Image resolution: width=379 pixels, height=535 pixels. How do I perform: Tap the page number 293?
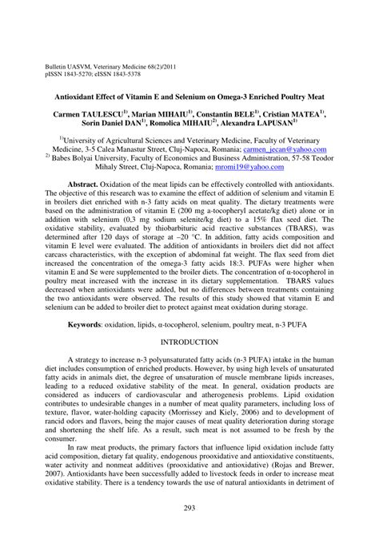coord(189,509)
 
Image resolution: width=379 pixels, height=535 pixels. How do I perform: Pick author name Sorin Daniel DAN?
coord(108,125)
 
